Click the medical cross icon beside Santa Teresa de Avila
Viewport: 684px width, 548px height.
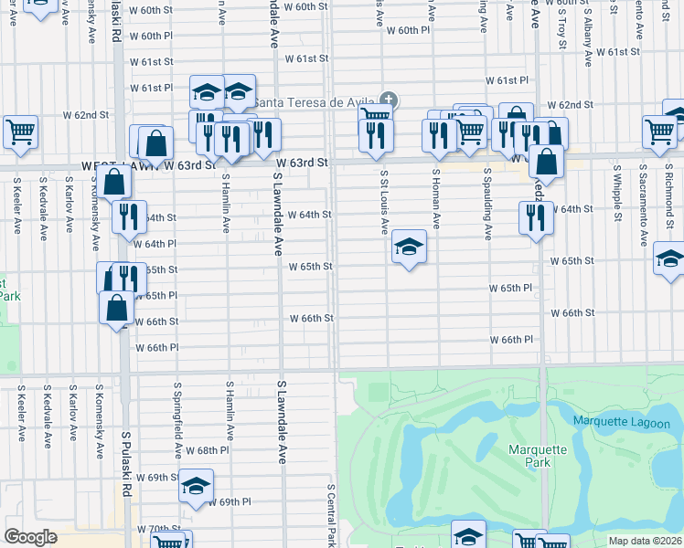389,100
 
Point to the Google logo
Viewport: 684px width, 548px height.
30,537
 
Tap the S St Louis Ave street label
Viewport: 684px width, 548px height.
385,201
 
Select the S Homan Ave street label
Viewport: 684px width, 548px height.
436,198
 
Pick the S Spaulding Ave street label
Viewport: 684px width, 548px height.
487,203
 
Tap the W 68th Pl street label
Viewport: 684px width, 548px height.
207,451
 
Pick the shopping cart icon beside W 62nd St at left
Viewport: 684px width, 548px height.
20,132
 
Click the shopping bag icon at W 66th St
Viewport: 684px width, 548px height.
118,309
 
